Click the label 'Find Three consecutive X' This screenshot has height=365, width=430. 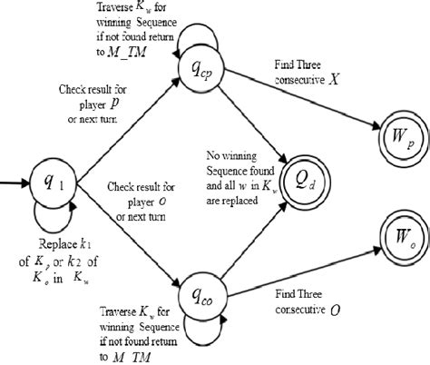coord(300,73)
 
